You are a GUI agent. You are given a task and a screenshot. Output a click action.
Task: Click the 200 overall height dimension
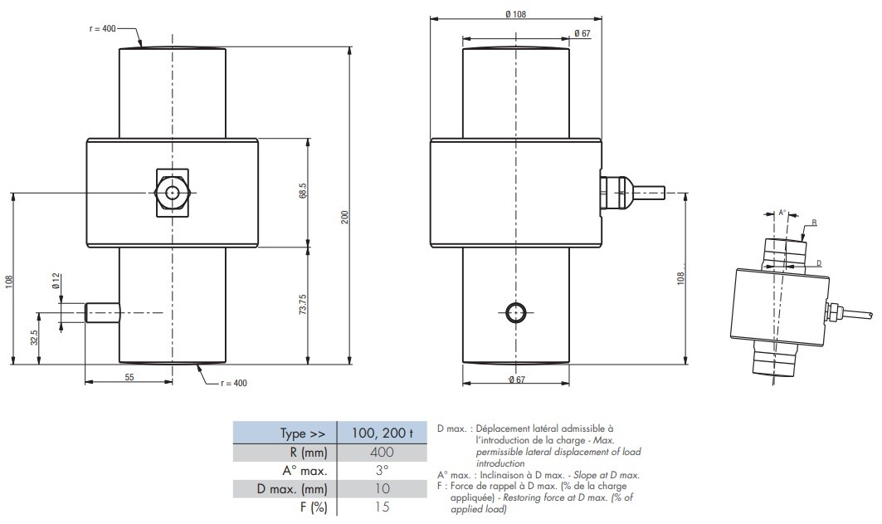(345, 217)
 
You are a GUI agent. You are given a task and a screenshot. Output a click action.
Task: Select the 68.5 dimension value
(303, 191)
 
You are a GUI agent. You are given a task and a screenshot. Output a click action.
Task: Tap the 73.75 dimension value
(303, 304)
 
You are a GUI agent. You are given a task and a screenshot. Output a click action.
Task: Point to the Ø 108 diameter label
(515, 14)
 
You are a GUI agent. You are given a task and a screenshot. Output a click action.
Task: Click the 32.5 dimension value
(34, 338)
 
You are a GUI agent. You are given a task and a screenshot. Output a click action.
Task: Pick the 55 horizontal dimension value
(129, 377)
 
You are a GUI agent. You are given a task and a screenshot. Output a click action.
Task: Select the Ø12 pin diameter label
(56, 281)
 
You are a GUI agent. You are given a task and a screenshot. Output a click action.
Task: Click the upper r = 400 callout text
(102, 28)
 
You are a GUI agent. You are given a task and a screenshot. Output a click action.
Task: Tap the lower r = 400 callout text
(233, 384)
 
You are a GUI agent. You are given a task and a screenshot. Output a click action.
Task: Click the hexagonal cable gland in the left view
(172, 193)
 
